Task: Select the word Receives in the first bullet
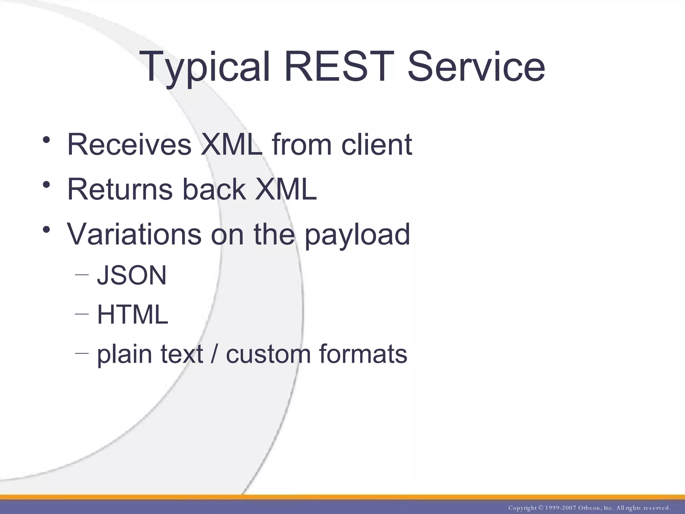point(129,145)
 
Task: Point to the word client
point(377,145)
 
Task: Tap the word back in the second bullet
point(214,189)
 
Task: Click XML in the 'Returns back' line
point(286,189)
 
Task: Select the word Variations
point(134,234)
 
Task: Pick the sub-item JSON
point(131,275)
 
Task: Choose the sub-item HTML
point(132,315)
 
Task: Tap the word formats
point(363,354)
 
